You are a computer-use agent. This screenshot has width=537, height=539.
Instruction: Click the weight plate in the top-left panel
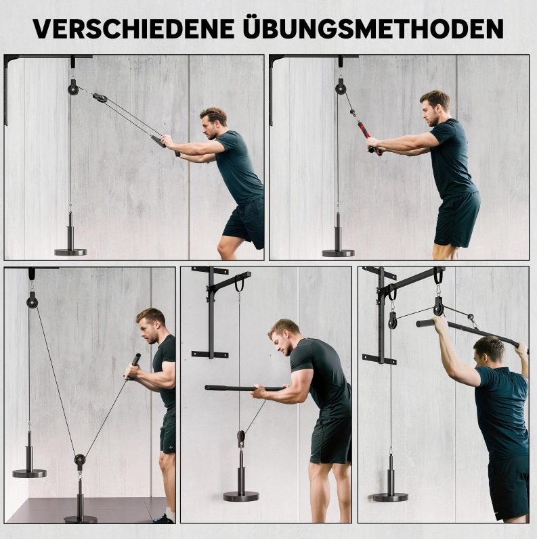[70, 252]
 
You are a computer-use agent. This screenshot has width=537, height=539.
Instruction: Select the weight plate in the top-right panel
[338, 254]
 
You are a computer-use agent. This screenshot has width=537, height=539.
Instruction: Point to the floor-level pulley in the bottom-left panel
[79, 460]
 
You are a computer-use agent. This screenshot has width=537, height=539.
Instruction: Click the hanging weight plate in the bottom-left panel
[29, 473]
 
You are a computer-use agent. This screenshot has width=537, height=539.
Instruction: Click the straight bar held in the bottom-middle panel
[245, 388]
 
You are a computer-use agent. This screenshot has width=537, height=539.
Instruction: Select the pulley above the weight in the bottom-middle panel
[241, 438]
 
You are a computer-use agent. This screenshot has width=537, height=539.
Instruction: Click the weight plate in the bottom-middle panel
[241, 496]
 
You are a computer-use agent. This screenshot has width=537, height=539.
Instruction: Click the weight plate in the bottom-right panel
[390, 497]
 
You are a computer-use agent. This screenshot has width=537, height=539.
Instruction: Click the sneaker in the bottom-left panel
[163, 519]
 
